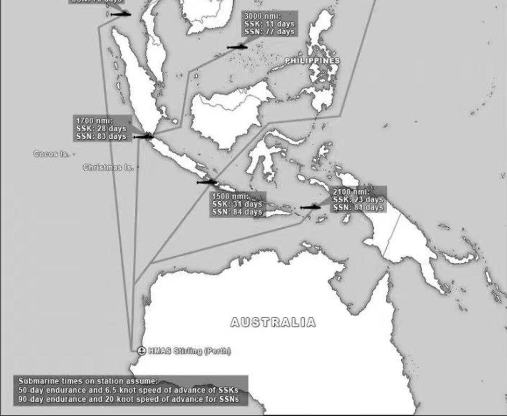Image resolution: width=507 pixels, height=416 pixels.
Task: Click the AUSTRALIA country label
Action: (x=273, y=322)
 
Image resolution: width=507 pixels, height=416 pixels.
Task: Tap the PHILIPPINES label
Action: (x=312, y=61)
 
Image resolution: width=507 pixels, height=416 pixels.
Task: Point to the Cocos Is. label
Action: (x=50, y=154)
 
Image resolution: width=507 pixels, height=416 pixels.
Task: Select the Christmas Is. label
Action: (x=108, y=167)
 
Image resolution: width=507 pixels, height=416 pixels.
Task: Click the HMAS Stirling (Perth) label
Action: (x=189, y=351)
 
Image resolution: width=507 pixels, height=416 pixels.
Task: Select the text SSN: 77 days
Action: (x=269, y=32)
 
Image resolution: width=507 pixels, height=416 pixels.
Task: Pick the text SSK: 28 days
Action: (x=101, y=128)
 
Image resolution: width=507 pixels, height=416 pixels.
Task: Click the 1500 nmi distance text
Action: (x=230, y=197)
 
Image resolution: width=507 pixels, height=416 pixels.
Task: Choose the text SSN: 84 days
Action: (x=237, y=212)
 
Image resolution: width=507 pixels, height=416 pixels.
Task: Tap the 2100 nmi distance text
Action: (x=351, y=192)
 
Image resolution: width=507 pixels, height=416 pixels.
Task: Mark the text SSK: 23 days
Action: (x=358, y=200)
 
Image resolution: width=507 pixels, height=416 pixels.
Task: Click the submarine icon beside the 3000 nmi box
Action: (x=237, y=47)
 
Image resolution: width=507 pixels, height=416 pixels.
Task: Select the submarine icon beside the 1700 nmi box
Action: (x=143, y=137)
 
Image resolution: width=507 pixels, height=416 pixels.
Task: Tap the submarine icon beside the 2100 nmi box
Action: (x=311, y=207)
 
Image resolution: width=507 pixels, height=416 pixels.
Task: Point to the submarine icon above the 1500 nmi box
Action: (x=207, y=182)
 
